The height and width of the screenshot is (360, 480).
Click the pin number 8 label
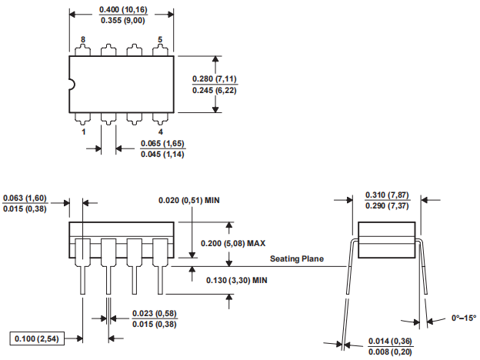tap(83, 39)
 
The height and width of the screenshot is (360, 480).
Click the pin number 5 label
tap(160, 39)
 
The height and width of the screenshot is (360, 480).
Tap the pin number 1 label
tap(83, 132)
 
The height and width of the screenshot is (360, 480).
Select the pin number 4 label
tap(160, 132)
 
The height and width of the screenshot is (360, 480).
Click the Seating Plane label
tap(297, 259)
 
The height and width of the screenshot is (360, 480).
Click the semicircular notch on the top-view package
tap(72, 85)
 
